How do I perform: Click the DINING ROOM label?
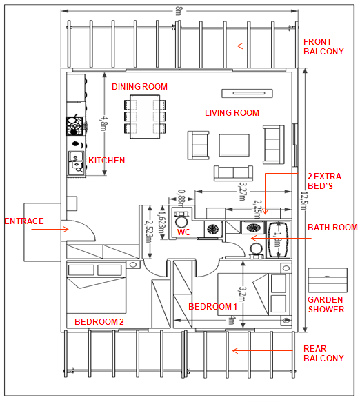pos(139,87)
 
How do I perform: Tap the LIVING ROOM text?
pos(232,113)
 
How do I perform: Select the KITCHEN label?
pos(106,161)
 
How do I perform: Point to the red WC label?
pos(183,232)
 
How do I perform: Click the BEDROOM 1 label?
pos(212,307)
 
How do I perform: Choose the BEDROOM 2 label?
pos(99,322)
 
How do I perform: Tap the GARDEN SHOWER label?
pos(326,305)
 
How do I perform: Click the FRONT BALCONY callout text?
pos(323,47)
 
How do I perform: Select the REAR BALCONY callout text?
pos(323,353)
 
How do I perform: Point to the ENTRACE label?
pos(24,221)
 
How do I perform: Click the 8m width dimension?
pos(179,11)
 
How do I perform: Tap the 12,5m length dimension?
pos(305,201)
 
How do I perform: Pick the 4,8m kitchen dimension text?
pos(104,123)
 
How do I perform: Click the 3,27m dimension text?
pos(243,191)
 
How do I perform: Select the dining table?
pos(145,117)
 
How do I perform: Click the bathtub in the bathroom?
pos(279,239)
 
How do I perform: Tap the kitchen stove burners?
pos(74,126)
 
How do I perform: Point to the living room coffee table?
pos(234,145)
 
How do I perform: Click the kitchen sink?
pos(76,163)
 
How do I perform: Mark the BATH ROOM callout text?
pos(332,228)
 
